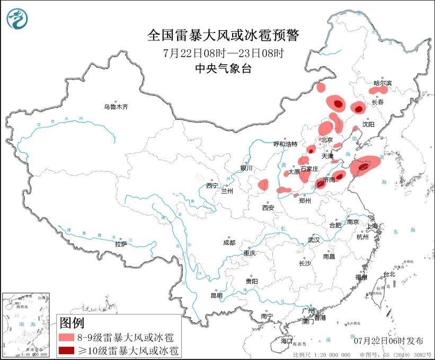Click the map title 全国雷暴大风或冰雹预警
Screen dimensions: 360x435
tap(223, 36)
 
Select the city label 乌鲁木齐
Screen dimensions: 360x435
tap(116, 107)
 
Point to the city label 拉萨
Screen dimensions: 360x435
tap(121, 244)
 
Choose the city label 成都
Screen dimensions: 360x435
tap(229, 242)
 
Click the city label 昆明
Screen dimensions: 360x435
tap(217, 295)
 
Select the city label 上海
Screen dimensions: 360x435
tap(372, 226)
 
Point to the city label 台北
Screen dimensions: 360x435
tap(389, 274)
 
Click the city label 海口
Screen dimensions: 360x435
tap(287, 340)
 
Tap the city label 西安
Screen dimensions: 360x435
tap(268, 208)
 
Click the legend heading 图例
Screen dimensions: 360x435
tap(72, 322)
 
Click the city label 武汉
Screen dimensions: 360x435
tap(314, 240)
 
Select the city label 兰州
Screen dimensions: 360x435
tap(227, 190)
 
